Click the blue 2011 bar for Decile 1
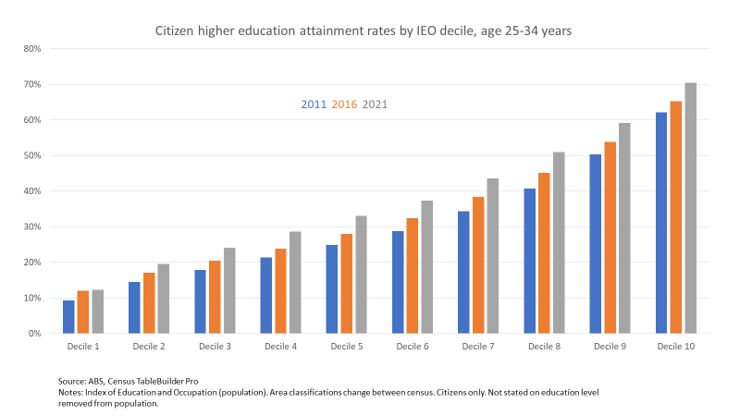(68, 316)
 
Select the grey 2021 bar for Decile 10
(690, 208)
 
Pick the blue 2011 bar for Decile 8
(530, 261)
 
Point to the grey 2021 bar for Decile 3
(229, 290)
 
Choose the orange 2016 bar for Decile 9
(610, 238)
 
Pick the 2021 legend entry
(375, 104)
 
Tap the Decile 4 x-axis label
(281, 346)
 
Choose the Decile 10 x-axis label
(676, 346)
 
